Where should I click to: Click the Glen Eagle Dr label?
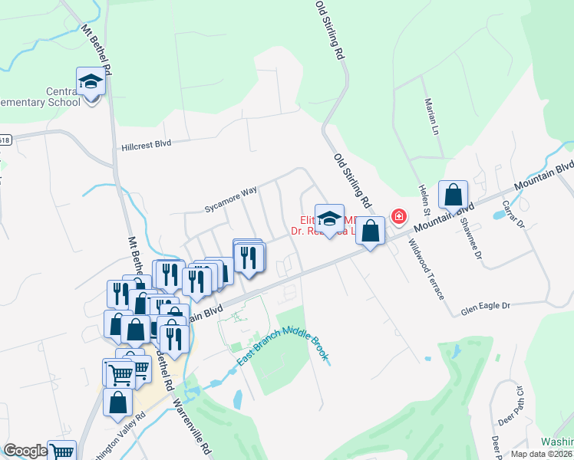485,306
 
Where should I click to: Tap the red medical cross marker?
398,217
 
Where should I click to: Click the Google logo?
25,451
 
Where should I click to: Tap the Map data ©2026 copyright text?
541,454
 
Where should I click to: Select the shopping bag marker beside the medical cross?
370,231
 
